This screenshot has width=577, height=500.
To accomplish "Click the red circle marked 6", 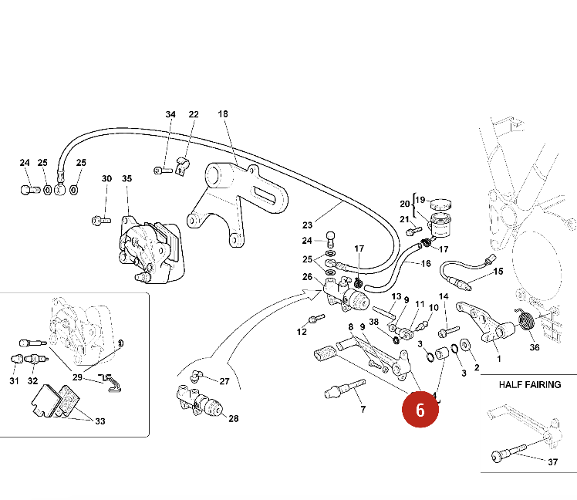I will [420, 409].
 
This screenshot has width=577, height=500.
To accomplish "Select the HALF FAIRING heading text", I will [530, 384].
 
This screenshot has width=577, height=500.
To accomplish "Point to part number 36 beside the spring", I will [535, 346].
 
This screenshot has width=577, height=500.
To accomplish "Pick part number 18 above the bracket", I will [223, 114].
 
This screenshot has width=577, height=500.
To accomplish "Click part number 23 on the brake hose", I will [308, 225].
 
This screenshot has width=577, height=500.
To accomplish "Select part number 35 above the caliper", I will [127, 179].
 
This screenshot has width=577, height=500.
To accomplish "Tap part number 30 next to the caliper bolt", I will [106, 179].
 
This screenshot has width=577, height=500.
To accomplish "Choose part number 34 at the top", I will [170, 114].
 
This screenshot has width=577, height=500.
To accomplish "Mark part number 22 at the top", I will [194, 114].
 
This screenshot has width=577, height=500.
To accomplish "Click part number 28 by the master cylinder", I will [233, 419].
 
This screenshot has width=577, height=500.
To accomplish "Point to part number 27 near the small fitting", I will [224, 381].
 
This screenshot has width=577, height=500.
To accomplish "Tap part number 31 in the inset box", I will [14, 380].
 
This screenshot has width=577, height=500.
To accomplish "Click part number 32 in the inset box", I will [32, 380].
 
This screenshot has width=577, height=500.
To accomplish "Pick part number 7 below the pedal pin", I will [363, 408].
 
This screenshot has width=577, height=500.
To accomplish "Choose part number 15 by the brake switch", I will [498, 272].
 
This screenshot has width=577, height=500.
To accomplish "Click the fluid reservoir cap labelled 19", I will [441, 204].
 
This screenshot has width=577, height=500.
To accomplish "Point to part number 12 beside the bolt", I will [302, 332].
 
